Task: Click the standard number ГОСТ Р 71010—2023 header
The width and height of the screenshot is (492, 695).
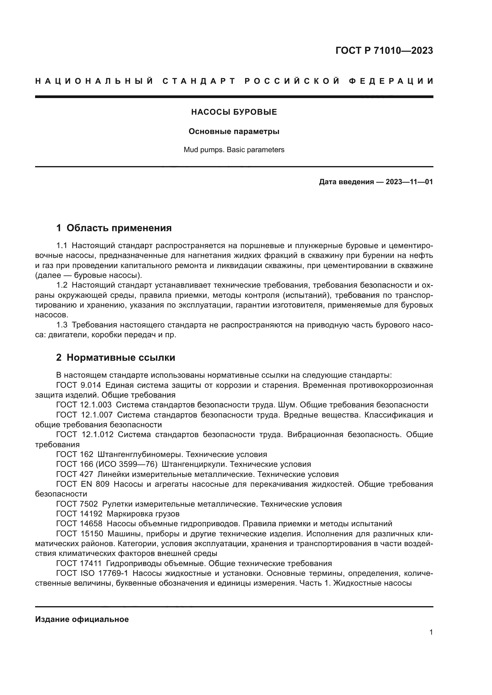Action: pyautogui.click(x=384, y=51)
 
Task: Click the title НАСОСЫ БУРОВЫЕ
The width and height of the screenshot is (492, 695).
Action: pyautogui.click(x=234, y=112)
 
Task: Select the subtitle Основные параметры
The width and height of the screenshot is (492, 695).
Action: pyautogui.click(x=234, y=132)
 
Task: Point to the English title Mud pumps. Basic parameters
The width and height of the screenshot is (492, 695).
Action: pyautogui.click(x=234, y=150)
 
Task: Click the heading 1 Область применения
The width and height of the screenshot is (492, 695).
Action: pyautogui.click(x=114, y=228)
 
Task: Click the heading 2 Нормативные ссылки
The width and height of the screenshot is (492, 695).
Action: pyautogui.click(x=116, y=357)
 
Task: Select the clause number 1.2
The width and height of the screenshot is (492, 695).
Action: pyautogui.click(x=62, y=285)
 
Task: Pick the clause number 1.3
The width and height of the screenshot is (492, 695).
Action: pyautogui.click(x=62, y=325)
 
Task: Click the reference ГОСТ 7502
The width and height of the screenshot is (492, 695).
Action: pyautogui.click(x=77, y=504)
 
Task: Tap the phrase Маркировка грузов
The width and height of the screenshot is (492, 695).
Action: pyautogui.click(x=143, y=514)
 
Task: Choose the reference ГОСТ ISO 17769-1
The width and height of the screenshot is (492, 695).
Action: pyautogui.click(x=92, y=573)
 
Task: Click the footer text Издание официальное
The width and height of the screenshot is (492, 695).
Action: pyautogui.click(x=82, y=619)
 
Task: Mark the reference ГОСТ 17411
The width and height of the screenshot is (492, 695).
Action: pyautogui.click(x=79, y=563)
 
